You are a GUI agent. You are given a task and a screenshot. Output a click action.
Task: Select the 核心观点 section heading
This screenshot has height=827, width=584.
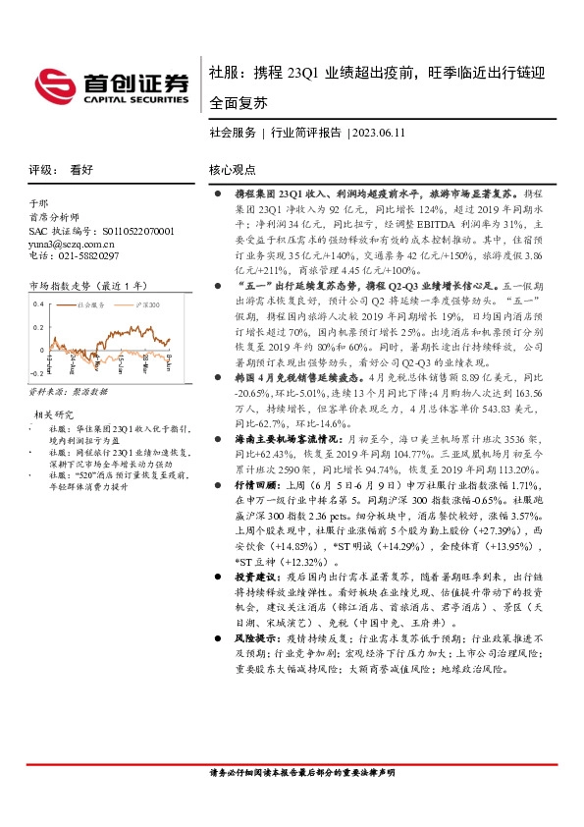click(x=232, y=169)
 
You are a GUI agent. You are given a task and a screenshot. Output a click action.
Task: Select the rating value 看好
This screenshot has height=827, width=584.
click(x=81, y=169)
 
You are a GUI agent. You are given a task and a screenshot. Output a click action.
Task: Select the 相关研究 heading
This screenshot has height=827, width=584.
click(x=55, y=414)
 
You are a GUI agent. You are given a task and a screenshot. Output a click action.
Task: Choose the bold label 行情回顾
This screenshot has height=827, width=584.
click(x=249, y=482)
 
